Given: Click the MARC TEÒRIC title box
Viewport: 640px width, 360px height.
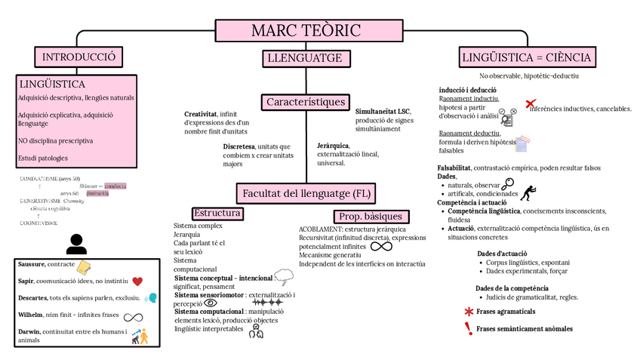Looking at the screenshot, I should point(306,30).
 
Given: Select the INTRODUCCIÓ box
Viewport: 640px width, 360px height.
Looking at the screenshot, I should point(78,57).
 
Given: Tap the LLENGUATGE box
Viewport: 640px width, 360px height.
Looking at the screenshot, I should point(306,58).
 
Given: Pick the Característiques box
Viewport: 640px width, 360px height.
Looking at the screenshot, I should point(306,102).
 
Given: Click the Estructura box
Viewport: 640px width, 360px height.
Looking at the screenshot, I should point(217,214).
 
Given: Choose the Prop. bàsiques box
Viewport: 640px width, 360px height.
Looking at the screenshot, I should point(368,217).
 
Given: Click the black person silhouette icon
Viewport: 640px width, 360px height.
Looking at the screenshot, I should point(76,244).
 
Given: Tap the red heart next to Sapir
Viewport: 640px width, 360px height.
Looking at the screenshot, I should point(137,282).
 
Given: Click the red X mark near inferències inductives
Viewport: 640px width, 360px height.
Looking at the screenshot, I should point(531,103).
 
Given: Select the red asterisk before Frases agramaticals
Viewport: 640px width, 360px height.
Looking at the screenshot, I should point(469,312).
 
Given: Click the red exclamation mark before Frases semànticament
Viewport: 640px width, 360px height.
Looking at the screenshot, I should point(469,328).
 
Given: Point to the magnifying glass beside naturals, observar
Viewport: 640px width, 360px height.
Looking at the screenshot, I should point(507,183).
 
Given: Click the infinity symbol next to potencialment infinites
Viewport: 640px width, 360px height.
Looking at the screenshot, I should point(381,246).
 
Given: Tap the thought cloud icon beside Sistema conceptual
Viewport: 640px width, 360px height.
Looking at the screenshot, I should point(284,275).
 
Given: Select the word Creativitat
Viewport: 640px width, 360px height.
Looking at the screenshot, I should point(200,114).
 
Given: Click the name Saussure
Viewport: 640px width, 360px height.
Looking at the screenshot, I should point(30,265).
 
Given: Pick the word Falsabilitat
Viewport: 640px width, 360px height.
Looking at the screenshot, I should point(454,168).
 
